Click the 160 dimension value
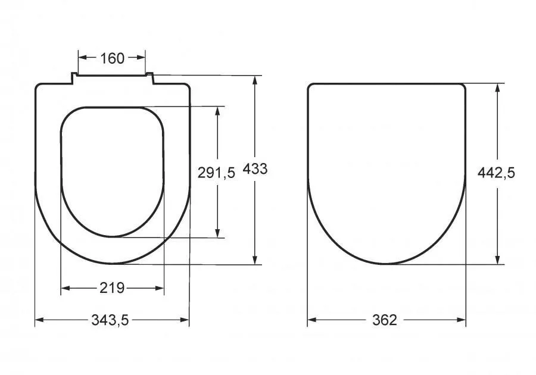[x=112, y=58]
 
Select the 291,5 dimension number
[x=216, y=173]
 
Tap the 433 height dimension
[x=255, y=169]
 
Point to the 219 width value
[x=112, y=288]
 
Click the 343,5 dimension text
[x=110, y=320]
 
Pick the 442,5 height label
[x=496, y=173]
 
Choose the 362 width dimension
[x=385, y=320]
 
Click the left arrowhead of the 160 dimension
[x=82, y=57]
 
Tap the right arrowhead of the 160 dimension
[x=141, y=57]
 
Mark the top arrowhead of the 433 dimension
[x=255, y=80]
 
